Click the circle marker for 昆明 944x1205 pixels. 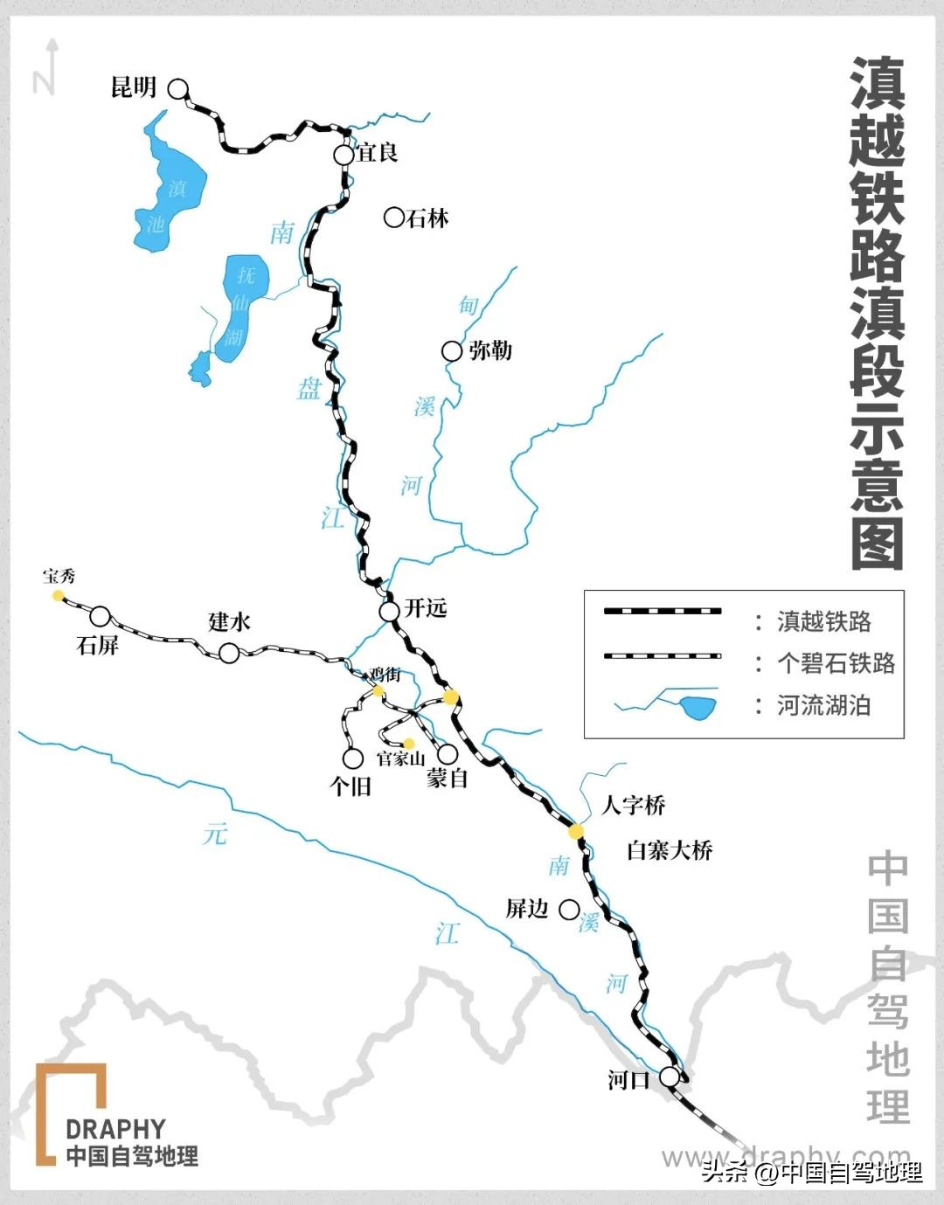(178, 88)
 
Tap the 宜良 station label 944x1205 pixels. (378, 153)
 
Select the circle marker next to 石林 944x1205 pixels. (394, 218)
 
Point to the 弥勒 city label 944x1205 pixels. (489, 351)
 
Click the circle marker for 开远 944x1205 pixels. (389, 611)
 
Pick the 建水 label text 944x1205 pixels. (230, 622)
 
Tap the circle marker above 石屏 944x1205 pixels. (101, 617)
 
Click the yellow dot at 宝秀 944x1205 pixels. (58, 595)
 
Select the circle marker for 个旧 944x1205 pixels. (353, 758)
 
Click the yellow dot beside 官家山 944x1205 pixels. (408, 744)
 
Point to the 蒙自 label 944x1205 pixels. (448, 779)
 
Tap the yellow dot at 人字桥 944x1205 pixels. (576, 831)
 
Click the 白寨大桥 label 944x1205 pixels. (670, 850)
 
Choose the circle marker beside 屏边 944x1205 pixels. (569, 910)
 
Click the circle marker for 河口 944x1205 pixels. (670, 1077)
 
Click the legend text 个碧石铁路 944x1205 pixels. (836, 663)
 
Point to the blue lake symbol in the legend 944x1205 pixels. (698, 706)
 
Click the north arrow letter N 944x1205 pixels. (44, 81)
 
